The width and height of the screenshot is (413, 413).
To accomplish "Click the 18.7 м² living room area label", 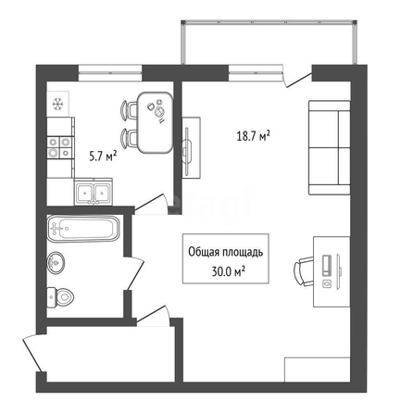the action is [253, 136].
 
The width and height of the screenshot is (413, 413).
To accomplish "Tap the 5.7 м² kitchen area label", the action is [103, 156].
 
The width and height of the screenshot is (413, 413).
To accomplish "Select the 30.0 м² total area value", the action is [229, 271].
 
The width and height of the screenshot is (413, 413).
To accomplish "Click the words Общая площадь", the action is [226, 252].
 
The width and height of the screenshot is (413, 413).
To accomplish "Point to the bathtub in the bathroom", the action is [83, 229].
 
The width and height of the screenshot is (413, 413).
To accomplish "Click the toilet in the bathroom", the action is [60, 297].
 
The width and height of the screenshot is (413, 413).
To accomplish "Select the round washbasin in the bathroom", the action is [56, 263].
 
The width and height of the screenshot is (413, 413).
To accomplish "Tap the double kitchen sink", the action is [94, 193].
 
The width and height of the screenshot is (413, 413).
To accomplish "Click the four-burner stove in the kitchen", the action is [60, 147].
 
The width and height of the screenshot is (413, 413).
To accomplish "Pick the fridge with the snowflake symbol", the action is [57, 104].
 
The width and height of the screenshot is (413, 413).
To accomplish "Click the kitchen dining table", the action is [155, 122].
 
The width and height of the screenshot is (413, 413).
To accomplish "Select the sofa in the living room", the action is [330, 147].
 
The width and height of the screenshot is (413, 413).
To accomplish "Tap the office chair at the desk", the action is [304, 271].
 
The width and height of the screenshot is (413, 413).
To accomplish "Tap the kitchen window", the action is [110, 73].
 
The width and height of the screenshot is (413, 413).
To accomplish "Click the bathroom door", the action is [135, 273].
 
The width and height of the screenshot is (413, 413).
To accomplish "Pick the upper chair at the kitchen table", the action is [129, 109].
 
